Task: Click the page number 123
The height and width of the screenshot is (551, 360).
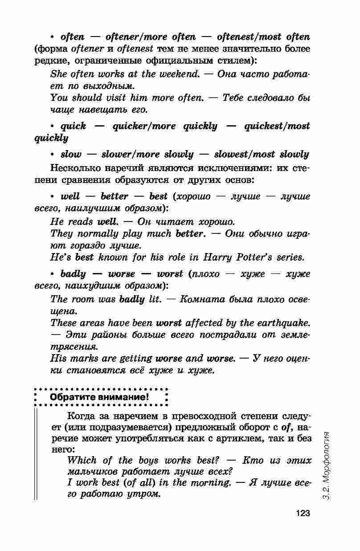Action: [x=302, y=514]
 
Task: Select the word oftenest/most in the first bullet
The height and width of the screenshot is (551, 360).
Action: [x=247, y=37]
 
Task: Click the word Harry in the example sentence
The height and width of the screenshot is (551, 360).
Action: [x=218, y=257]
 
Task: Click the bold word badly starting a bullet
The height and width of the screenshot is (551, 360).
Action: [x=73, y=273]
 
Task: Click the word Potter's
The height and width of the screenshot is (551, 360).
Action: [x=257, y=257]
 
